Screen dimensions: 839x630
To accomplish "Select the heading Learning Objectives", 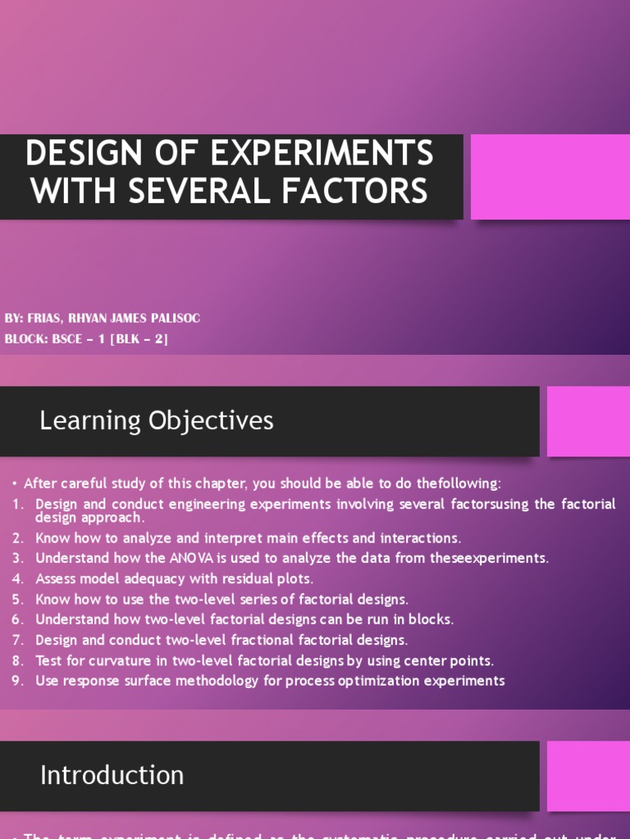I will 157,420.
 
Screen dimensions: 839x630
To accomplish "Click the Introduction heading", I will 112,775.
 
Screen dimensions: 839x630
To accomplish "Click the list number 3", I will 17,558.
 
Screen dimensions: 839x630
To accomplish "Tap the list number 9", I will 17,681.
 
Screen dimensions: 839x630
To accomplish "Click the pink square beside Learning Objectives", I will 588,421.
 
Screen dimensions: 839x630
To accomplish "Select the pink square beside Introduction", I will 588,776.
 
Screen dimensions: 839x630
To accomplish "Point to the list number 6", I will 17,619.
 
